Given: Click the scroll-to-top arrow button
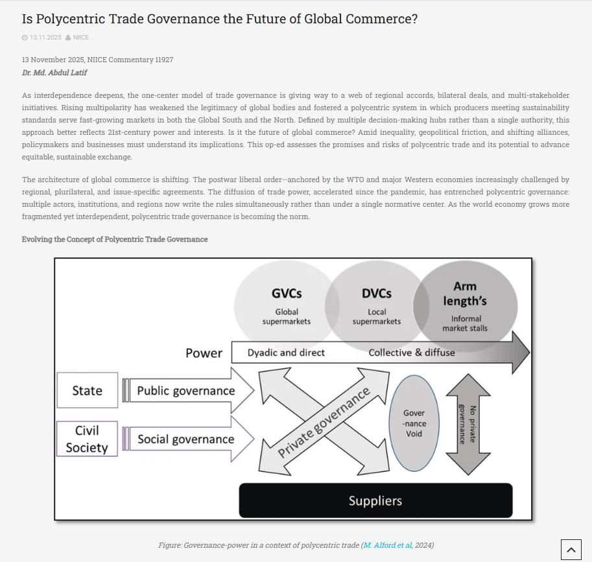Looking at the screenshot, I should pos(571,549).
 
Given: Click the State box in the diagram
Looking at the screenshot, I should pos(88,390).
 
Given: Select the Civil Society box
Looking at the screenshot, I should pos(88,439).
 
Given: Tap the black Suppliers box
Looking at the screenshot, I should pos(375,500).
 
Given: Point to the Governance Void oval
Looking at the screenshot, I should pos(414,423).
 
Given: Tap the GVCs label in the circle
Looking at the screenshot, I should pos(287,293).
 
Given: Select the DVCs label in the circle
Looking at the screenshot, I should pos(377,293).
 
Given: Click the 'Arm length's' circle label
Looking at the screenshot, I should pos(465,294).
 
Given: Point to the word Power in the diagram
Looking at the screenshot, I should pos(204,353).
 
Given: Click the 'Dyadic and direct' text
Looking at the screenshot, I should pos(286,353).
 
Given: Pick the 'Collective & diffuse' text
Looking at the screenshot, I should pos(412,353).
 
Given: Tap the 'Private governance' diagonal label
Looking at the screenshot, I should pos(324,422).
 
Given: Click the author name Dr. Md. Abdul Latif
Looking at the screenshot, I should pos(54,73).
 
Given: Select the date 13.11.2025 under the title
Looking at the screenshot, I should pos(45,38).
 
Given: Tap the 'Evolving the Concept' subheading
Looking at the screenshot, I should pos(115,239).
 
